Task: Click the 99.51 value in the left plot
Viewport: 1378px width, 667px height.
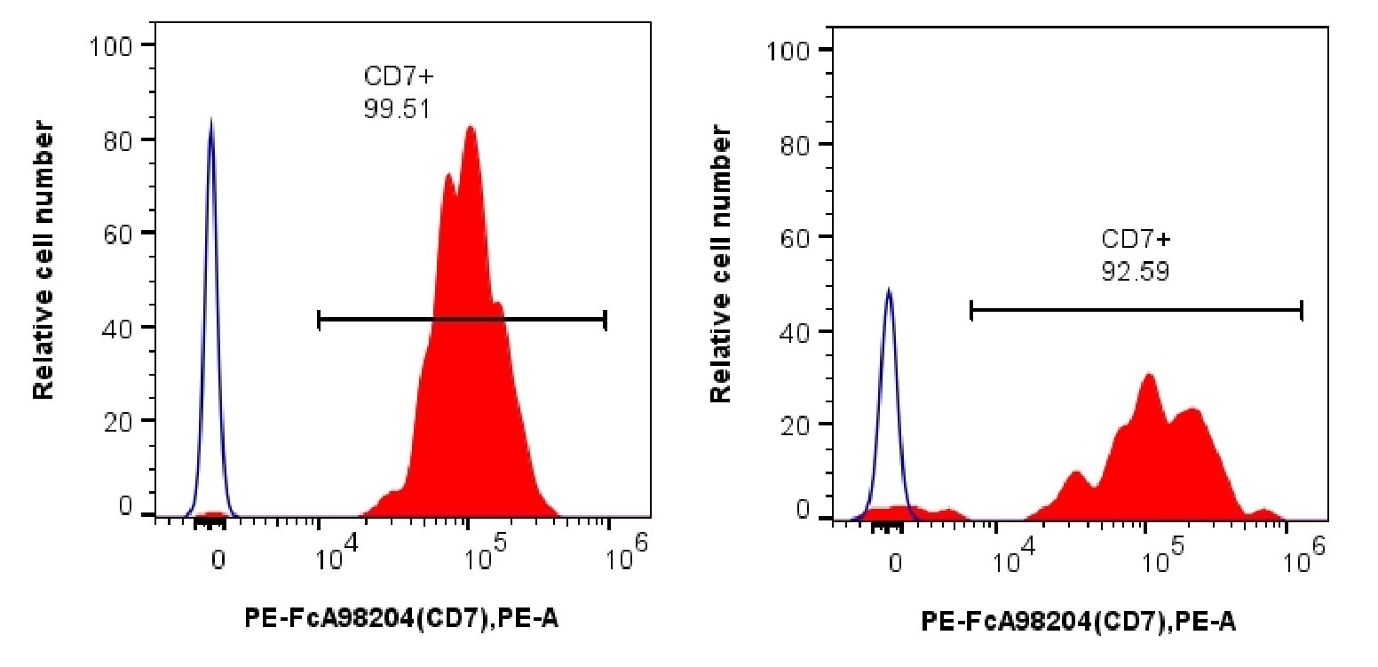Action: pyautogui.click(x=396, y=107)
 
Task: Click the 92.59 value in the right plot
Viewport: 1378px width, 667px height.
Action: pyautogui.click(x=1135, y=271)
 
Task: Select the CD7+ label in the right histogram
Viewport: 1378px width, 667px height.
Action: pyautogui.click(x=1136, y=240)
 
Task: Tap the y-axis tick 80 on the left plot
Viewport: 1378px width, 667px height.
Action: pyautogui.click(x=119, y=139)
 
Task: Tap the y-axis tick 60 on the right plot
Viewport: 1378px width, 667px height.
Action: pyautogui.click(x=797, y=236)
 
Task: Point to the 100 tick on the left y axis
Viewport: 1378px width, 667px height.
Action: pyautogui.click(x=111, y=45)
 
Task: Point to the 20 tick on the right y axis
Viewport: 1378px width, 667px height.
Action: pyautogui.click(x=797, y=424)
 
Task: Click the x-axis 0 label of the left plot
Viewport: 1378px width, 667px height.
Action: pyautogui.click(x=218, y=560)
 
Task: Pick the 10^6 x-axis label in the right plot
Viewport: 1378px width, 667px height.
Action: pyautogui.click(x=1304, y=560)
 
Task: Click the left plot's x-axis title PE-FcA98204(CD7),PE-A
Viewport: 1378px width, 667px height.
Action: pyautogui.click(x=401, y=620)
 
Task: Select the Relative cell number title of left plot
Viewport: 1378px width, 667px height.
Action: pyautogui.click(x=44, y=261)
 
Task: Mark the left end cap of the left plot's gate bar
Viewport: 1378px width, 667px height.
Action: pyautogui.click(x=318, y=320)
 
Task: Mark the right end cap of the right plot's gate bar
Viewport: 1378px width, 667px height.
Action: pyautogui.click(x=1301, y=310)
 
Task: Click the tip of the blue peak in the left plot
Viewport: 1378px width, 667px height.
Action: pyautogui.click(x=210, y=119)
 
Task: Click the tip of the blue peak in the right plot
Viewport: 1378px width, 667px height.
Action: pyautogui.click(x=889, y=290)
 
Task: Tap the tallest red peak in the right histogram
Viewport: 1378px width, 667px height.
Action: pyautogui.click(x=1149, y=376)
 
